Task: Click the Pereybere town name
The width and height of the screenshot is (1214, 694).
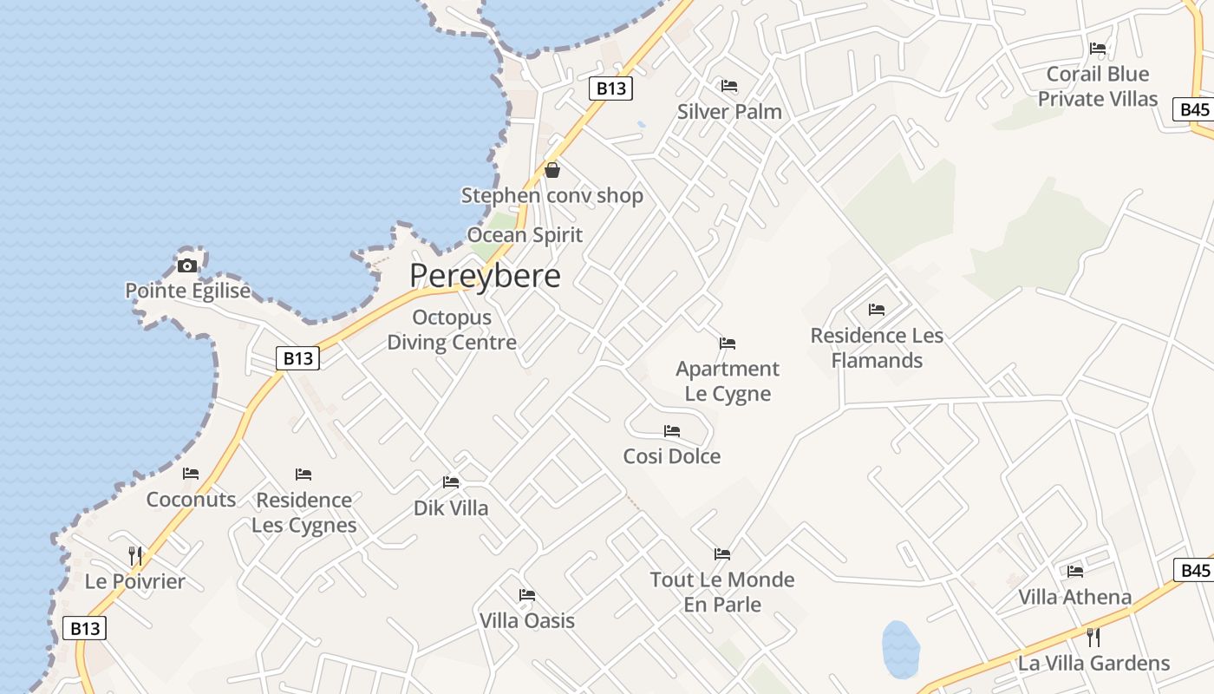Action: pos(485,276)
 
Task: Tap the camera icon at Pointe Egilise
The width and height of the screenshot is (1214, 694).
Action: pos(187,265)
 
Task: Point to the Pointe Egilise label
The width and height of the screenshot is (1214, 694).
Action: pos(187,291)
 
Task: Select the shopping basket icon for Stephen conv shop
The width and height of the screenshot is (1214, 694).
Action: pos(552,170)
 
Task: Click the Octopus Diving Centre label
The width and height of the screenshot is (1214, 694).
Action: pos(452,330)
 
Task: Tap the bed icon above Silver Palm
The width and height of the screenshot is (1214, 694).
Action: pos(729,86)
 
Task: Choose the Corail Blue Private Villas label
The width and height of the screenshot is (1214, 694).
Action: pos(1098,86)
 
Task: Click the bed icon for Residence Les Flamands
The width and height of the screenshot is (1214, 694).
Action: pos(877,310)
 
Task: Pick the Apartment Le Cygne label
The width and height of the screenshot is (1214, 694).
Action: pos(728,381)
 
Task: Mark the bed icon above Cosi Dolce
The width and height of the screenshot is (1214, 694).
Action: pos(672,430)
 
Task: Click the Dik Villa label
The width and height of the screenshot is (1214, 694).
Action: pos(451,508)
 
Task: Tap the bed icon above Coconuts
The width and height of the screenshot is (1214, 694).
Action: pos(191,474)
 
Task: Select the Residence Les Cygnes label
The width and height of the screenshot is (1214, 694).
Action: pos(304,513)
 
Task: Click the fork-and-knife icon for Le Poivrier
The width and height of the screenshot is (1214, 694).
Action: pos(135,555)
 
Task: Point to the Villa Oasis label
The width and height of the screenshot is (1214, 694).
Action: pos(527,621)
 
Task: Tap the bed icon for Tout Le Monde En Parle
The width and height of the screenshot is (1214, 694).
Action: pos(722,553)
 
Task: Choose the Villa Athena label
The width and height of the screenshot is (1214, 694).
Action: pos(1075,597)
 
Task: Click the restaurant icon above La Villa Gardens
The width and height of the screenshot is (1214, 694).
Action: pos(1093,638)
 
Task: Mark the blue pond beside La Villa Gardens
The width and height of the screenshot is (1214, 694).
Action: pos(901,649)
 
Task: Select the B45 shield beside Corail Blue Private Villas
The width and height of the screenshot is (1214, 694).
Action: pos(1195,109)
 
